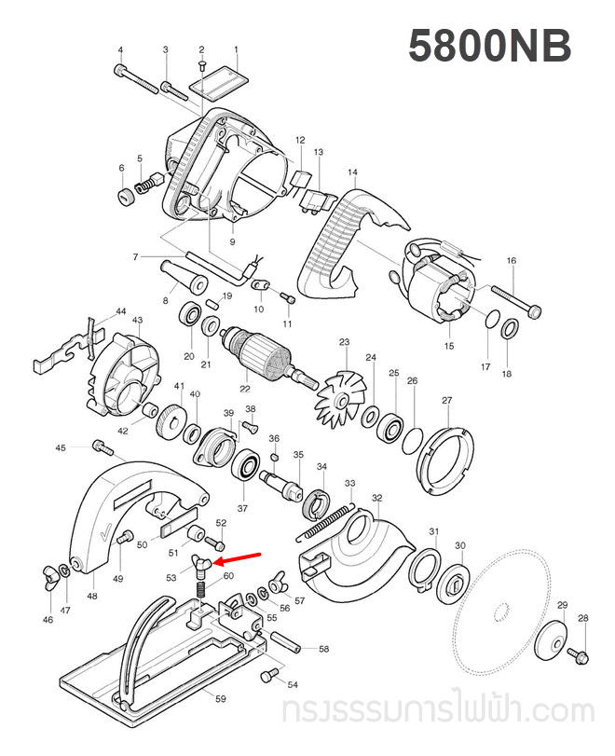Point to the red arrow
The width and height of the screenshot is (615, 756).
coord(238,557)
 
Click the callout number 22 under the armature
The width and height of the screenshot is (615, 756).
coord(245,390)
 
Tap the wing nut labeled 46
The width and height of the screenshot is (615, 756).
coord(48,570)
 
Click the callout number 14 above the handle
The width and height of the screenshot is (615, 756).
coord(352,172)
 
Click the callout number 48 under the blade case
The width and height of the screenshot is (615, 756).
coord(91,597)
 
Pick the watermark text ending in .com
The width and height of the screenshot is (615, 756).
coord(437,712)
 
